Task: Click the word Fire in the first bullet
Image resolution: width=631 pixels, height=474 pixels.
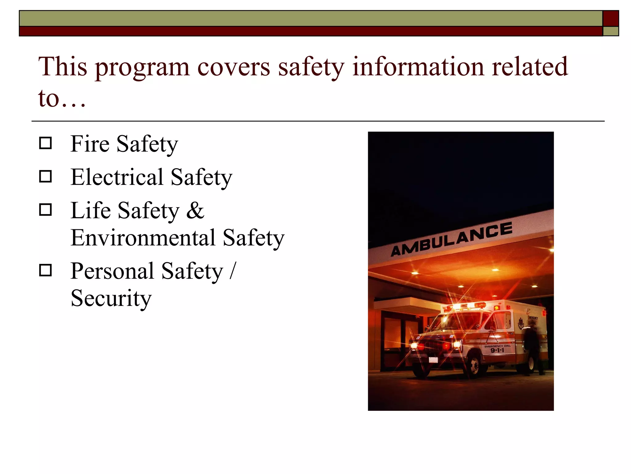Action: (x=90, y=144)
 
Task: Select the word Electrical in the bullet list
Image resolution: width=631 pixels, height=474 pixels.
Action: (x=117, y=177)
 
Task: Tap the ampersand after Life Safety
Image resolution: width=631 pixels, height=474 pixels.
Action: (x=195, y=210)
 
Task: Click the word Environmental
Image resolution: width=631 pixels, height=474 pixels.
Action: (x=143, y=238)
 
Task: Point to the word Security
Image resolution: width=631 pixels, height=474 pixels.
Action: (x=111, y=298)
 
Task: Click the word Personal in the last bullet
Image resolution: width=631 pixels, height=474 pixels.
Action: (x=112, y=271)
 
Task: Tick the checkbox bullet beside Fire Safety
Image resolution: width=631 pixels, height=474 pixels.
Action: (x=46, y=143)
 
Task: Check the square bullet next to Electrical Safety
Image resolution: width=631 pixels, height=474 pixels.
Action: (x=46, y=177)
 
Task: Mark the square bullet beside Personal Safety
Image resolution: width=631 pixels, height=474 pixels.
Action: (x=46, y=270)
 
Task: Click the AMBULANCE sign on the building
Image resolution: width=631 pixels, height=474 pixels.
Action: (x=451, y=239)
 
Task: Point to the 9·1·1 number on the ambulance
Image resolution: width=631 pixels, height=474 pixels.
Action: (x=497, y=350)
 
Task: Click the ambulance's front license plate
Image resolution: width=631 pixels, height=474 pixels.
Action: (x=433, y=360)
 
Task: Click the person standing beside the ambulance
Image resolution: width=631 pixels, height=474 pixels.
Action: (x=533, y=349)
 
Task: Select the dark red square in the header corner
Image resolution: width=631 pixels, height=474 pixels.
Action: (x=610, y=19)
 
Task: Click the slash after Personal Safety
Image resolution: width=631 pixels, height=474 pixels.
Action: (x=233, y=271)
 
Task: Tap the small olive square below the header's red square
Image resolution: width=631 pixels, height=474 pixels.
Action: (x=610, y=31)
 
